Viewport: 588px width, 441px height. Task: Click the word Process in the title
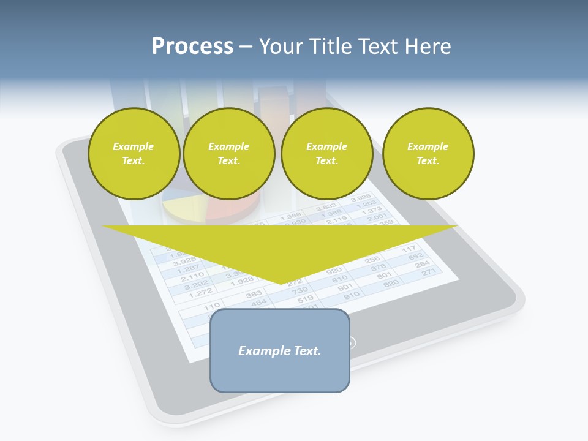pos(192,46)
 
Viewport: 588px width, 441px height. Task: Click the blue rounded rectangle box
pos(280,350)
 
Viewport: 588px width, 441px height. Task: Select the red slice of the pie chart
pos(227,210)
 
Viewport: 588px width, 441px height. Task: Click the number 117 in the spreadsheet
pos(409,249)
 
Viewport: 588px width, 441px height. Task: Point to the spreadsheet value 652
pos(416,256)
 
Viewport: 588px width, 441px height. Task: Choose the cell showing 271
pos(429,272)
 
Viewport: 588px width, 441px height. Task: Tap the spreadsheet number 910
pos(352,295)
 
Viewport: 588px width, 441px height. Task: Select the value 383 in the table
pos(254,295)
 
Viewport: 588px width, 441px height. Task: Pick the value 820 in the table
pos(391,282)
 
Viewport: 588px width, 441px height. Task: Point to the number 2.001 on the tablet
pos(377,217)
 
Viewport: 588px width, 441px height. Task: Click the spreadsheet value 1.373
pos(372,210)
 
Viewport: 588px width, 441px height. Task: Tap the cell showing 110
pos(212,306)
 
